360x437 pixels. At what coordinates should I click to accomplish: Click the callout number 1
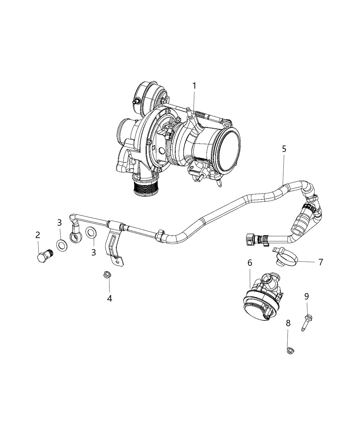pyautogui.click(x=194, y=86)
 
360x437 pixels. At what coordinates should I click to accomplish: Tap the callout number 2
pyautogui.click(x=38, y=235)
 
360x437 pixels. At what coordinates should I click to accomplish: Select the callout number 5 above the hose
pyautogui.click(x=284, y=149)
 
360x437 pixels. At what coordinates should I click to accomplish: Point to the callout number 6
pyautogui.click(x=250, y=263)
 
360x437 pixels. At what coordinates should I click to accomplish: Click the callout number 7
pyautogui.click(x=321, y=262)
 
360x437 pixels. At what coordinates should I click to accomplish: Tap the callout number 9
pyautogui.click(x=307, y=296)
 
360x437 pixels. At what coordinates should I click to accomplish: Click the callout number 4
pyautogui.click(x=109, y=298)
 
